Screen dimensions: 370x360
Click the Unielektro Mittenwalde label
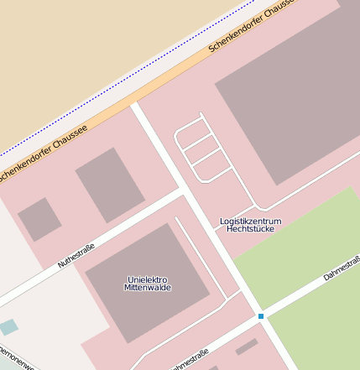click(148, 283)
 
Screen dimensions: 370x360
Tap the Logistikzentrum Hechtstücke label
click(250, 224)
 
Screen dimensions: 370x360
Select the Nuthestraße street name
click(76, 255)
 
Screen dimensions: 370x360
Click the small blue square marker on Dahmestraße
click(261, 316)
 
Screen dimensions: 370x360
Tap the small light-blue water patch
click(8, 326)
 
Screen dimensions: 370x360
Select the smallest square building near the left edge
click(39, 219)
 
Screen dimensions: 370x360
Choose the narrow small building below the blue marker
click(247, 347)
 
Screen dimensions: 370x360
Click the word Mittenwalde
click(148, 288)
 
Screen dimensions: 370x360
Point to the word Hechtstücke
click(250, 229)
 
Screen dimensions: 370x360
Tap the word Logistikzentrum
click(250, 220)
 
